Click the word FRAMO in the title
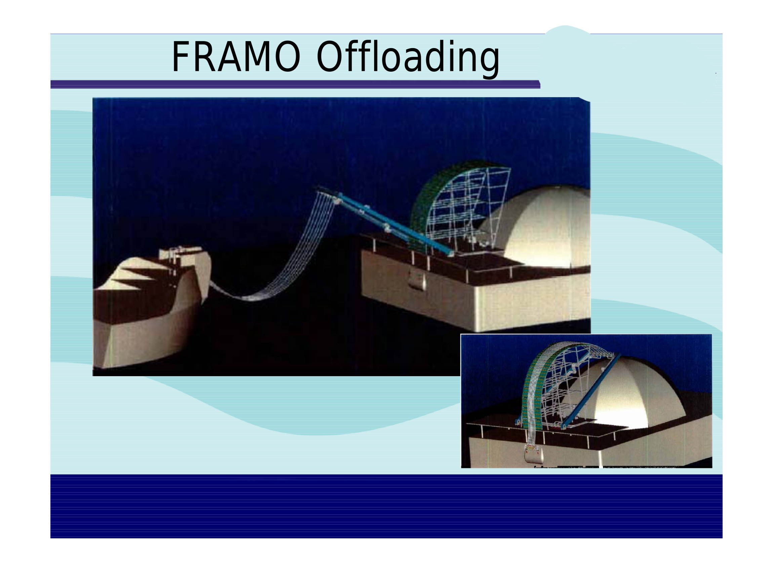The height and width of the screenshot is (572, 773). coord(236,57)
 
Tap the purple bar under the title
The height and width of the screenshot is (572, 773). coord(295,84)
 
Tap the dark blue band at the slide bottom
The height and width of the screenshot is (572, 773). coord(386,506)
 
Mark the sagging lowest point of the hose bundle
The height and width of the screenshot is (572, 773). coord(249,298)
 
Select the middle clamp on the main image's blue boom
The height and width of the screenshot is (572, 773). coord(387,228)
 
